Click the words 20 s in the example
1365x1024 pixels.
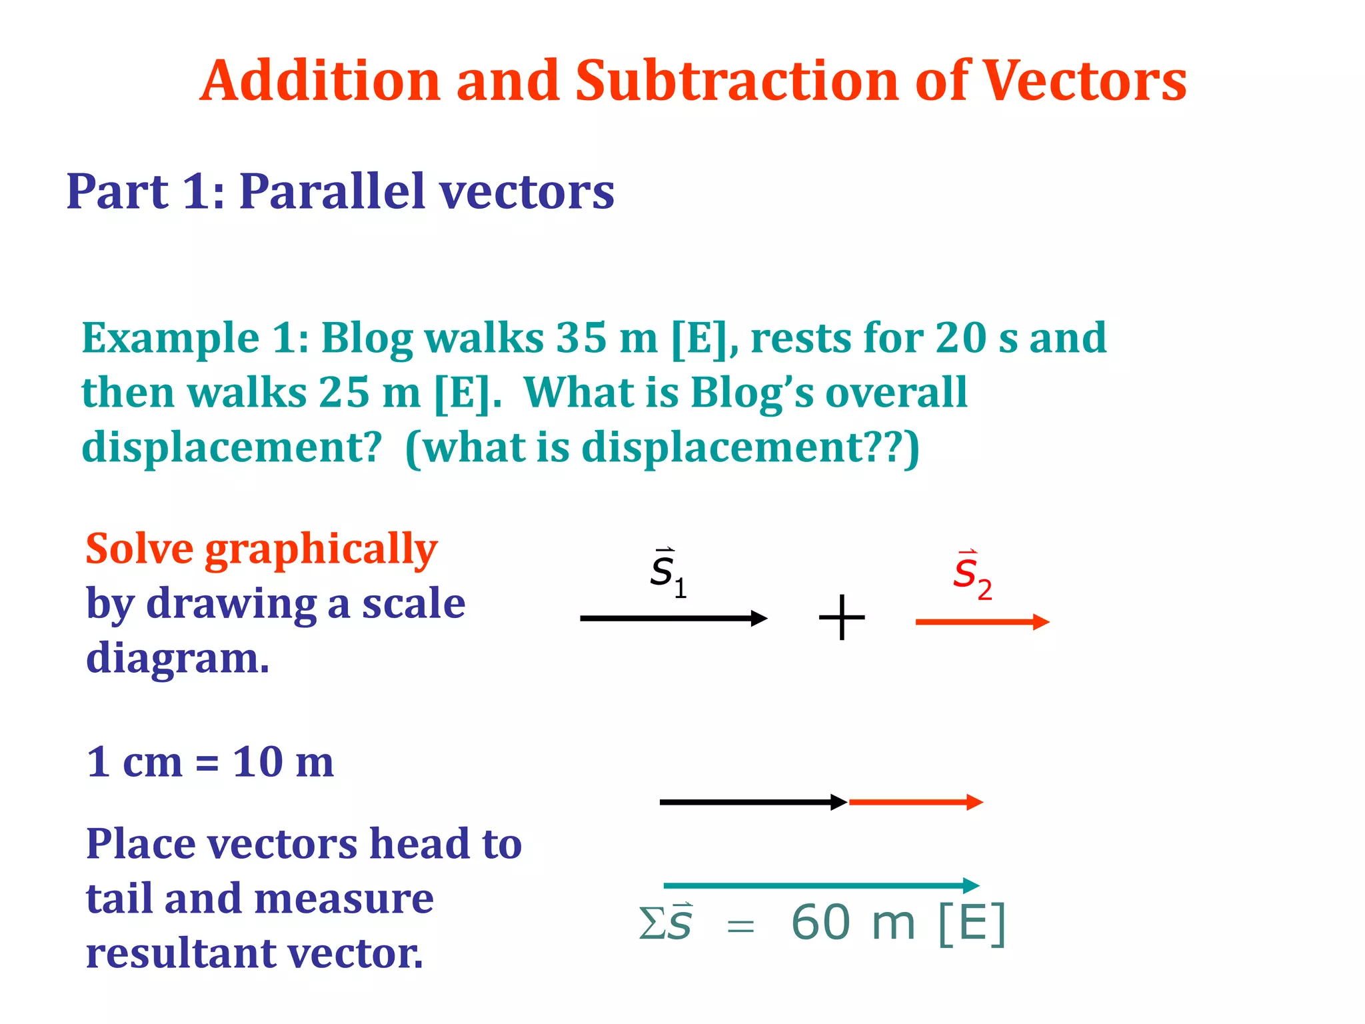click(976, 338)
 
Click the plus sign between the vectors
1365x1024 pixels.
click(842, 618)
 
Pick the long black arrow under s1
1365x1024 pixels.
click(673, 619)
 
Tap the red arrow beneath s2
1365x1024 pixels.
click(982, 622)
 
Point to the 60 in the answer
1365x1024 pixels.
click(820, 923)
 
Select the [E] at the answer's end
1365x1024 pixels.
click(972, 923)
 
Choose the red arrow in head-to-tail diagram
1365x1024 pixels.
click(916, 802)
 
